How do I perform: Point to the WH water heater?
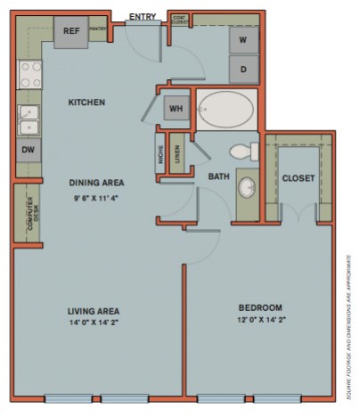pyautogui.click(x=176, y=108)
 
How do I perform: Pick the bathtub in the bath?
pyautogui.click(x=225, y=111)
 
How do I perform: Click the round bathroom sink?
pyautogui.click(x=247, y=188)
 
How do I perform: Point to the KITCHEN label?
pyautogui.click(x=86, y=102)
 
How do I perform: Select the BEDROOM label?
pyautogui.click(x=261, y=307)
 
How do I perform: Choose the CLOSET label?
pyautogui.click(x=298, y=178)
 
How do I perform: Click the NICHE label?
pyautogui.click(x=160, y=155)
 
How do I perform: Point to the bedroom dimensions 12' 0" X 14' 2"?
pyautogui.click(x=261, y=319)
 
